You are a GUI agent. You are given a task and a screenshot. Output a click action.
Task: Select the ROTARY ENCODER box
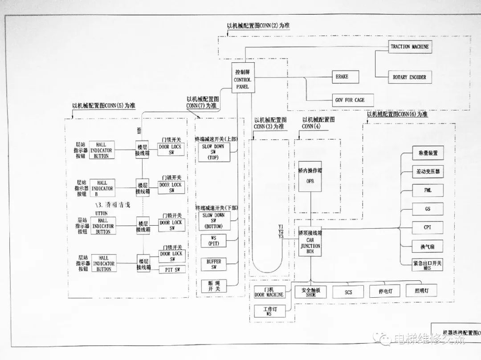click(x=409, y=77)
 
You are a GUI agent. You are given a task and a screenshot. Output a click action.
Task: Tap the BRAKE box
click(x=342, y=77)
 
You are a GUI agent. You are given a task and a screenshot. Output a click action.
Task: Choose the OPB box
click(x=310, y=176)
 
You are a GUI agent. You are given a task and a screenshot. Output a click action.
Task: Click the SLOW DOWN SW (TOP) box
click(x=213, y=152)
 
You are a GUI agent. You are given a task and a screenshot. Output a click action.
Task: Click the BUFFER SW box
click(x=214, y=264)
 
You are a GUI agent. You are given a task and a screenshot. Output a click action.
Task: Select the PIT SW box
click(x=172, y=270)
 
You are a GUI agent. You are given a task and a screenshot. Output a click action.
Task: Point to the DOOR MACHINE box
click(x=269, y=292)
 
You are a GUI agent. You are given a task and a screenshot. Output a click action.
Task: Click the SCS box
click(x=348, y=292)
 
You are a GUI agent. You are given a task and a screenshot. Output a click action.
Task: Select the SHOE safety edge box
click(x=310, y=292)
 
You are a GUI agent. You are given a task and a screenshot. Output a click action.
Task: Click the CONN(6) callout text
click(x=397, y=114)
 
